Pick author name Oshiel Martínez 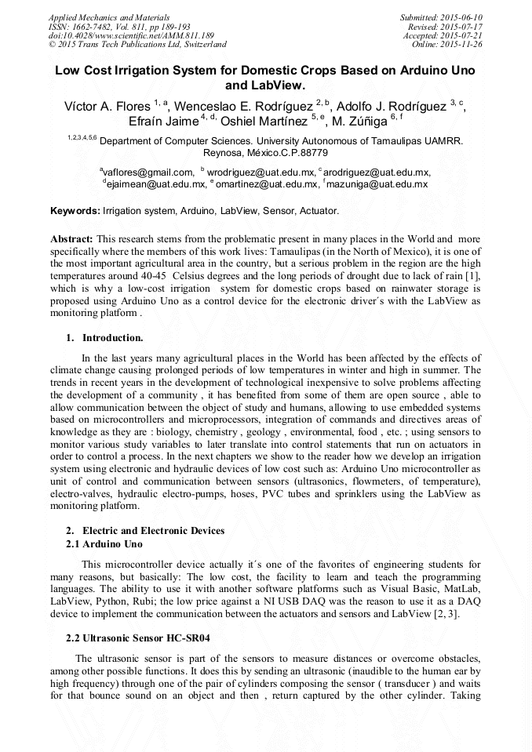264,122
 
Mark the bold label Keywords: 75,211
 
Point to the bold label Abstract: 72,238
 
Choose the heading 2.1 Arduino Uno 104,543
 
